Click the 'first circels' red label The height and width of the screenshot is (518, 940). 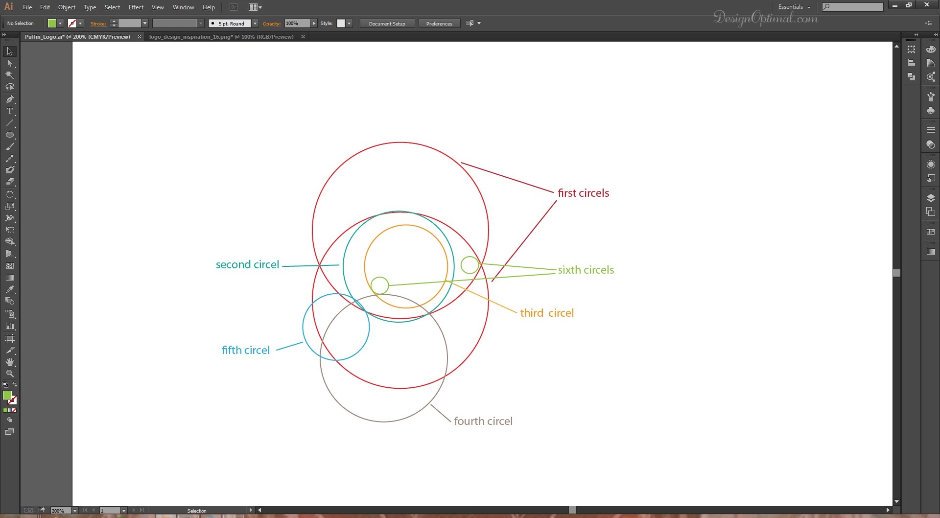point(584,193)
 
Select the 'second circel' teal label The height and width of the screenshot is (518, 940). point(247,264)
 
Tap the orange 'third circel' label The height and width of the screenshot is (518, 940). point(547,313)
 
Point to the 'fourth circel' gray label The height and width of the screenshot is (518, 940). point(483,421)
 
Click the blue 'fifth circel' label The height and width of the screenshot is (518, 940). point(246,350)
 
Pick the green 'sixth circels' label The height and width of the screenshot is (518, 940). point(586,270)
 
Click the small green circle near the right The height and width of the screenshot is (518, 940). point(470,265)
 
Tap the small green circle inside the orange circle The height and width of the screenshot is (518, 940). point(379,285)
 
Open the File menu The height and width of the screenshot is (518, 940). point(27,7)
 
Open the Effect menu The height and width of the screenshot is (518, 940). point(136,7)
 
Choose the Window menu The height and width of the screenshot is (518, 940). point(184,7)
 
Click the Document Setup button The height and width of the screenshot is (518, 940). point(387,24)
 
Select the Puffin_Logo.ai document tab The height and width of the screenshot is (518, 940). point(77,37)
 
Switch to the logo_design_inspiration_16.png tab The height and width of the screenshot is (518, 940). point(221,37)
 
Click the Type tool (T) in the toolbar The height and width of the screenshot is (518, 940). point(10,111)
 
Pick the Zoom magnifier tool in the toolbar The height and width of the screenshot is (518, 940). point(10,374)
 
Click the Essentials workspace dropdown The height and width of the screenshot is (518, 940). point(794,7)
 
